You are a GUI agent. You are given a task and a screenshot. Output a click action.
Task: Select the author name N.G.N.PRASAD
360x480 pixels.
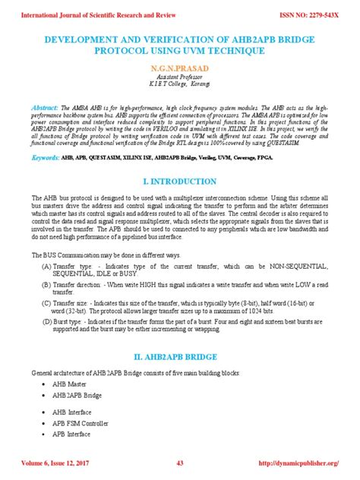point(179,68)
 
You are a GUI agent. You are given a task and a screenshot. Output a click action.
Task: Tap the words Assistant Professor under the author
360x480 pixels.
point(179,77)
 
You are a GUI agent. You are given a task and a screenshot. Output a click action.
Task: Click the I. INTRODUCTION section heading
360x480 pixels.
point(179,182)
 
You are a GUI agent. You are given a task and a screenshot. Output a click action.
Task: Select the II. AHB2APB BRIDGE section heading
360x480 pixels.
point(179,356)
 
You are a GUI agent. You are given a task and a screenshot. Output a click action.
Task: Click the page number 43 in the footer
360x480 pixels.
point(180,463)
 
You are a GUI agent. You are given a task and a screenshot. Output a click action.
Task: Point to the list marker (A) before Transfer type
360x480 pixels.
point(47,267)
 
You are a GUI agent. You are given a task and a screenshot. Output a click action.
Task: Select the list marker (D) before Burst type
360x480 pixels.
point(47,321)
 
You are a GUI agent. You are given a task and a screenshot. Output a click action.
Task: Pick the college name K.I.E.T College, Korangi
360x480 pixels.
point(179,86)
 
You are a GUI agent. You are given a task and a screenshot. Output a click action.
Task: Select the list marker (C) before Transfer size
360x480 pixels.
point(47,302)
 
